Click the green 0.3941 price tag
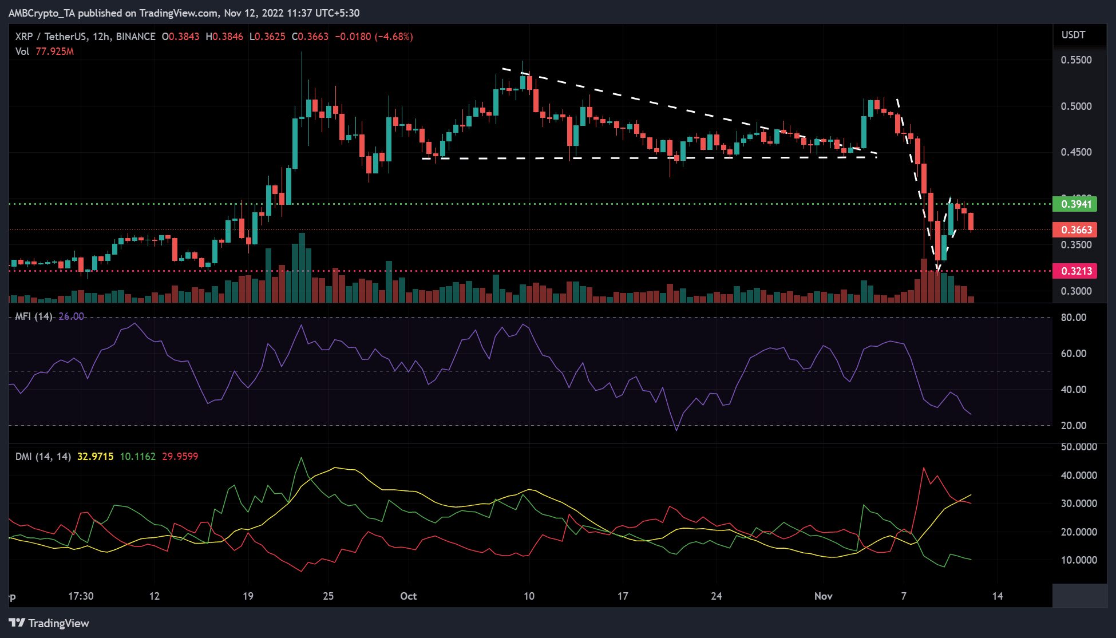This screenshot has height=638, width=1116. (1075, 204)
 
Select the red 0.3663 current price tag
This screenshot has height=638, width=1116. (1075, 230)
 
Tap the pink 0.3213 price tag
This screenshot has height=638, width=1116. (1075, 271)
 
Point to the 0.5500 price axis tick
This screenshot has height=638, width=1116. (1076, 60)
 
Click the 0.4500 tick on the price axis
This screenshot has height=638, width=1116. (1076, 152)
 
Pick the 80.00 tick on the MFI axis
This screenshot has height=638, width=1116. (1074, 318)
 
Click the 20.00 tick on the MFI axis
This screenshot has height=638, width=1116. (1074, 426)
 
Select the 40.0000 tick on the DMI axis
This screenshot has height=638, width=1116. (1079, 475)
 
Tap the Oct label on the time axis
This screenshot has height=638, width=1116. (408, 596)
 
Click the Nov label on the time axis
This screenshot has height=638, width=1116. (823, 596)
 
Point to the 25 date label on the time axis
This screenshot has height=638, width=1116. (328, 596)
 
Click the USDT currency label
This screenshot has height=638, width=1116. (1073, 35)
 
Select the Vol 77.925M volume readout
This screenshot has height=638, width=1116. (45, 51)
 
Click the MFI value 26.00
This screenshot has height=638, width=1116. (71, 316)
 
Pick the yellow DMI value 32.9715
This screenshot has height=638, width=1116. (95, 457)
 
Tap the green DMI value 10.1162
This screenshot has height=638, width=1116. (137, 457)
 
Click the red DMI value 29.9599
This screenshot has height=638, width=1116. (180, 457)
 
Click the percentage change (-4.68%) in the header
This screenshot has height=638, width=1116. (394, 37)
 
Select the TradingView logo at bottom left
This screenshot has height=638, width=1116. (49, 623)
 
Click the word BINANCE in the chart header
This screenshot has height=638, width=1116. (135, 37)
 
